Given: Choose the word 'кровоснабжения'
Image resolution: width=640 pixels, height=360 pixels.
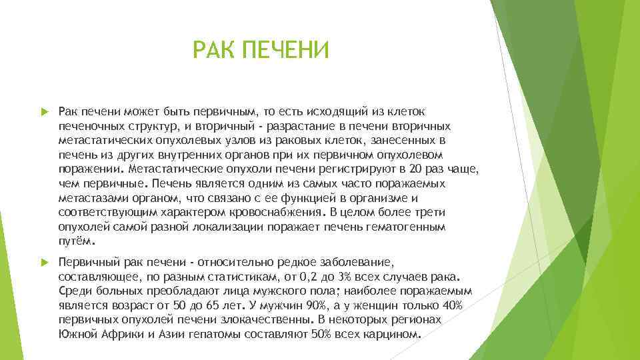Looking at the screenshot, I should coord(272,213).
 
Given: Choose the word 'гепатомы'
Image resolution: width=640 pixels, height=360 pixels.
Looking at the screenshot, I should coord(206,334).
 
